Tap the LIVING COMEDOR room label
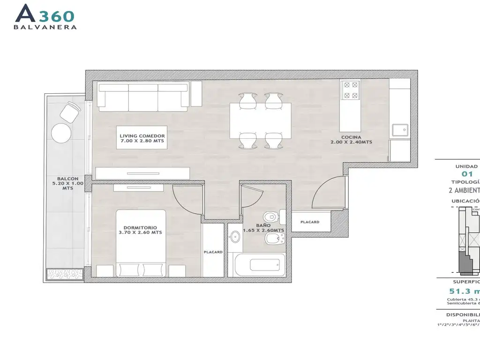point(136,138)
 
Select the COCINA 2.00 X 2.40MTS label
point(351,139)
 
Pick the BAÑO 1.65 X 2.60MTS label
point(263,227)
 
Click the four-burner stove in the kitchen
point(352,90)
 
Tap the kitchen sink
point(400,130)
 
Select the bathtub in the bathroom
point(259,265)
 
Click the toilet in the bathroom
point(272,217)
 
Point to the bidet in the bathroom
point(273,240)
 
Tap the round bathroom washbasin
point(234,237)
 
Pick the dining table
point(260,120)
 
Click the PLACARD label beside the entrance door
point(310,222)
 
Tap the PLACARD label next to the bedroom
point(213,252)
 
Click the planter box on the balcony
point(65,274)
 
